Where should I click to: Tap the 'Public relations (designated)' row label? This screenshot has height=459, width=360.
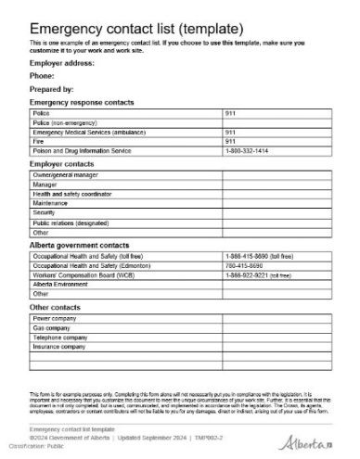click(71, 223)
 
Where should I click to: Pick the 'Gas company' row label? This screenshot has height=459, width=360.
click(52, 327)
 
